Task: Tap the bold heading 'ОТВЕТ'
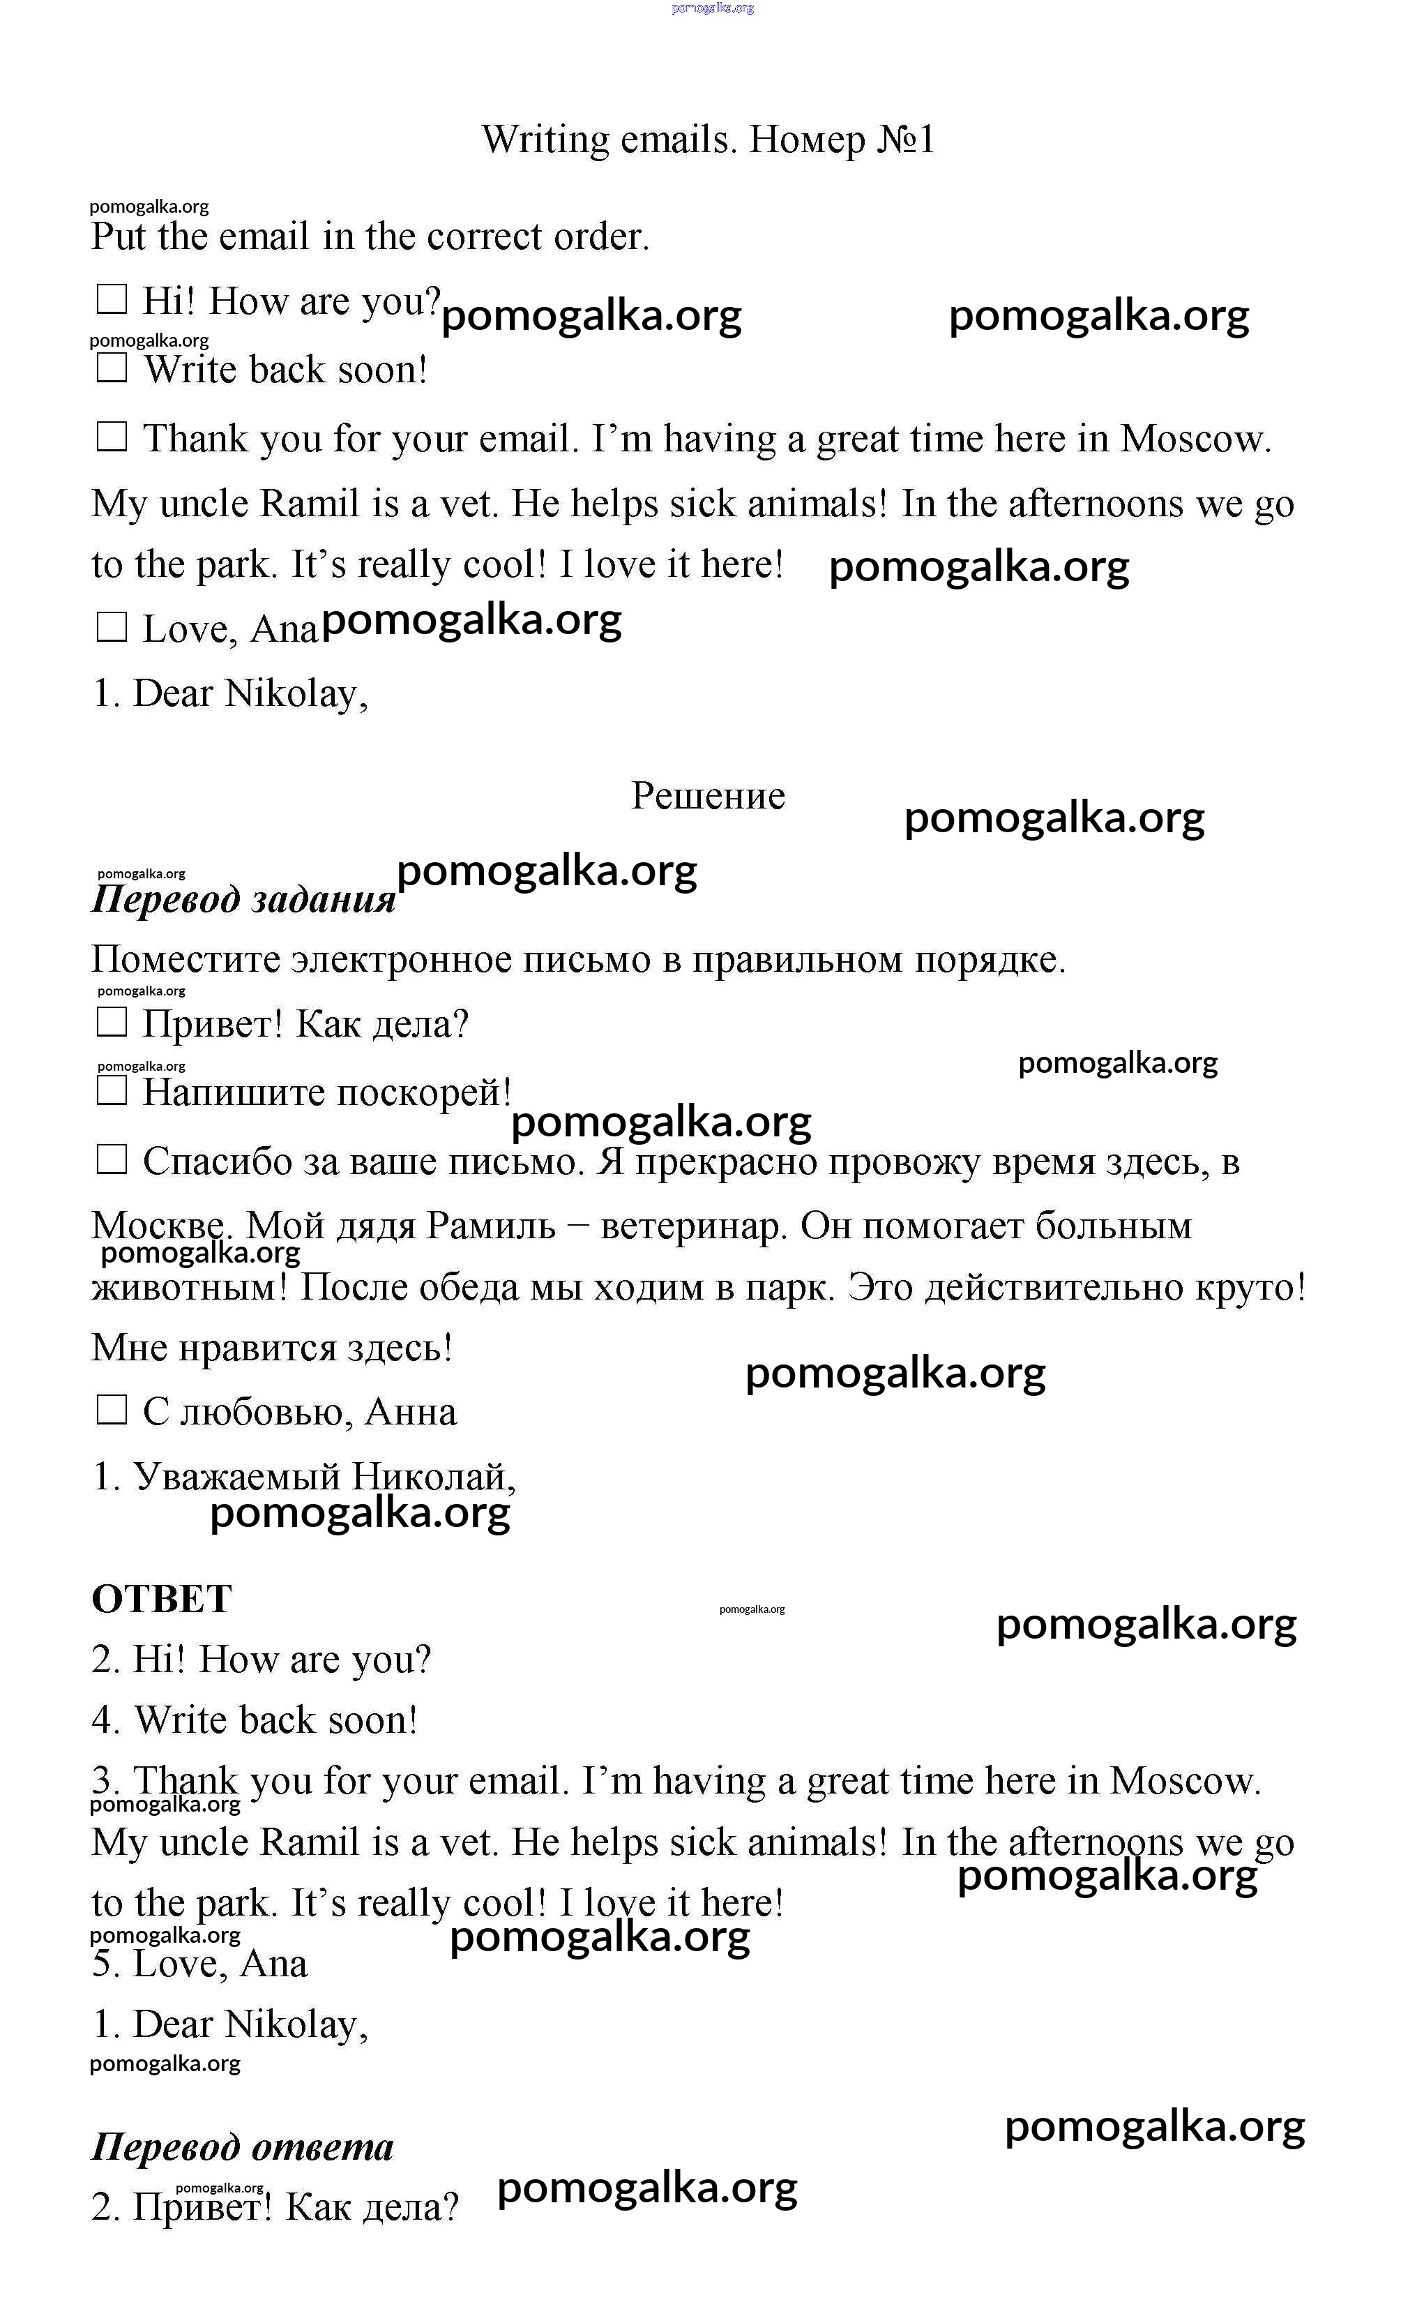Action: (161, 1598)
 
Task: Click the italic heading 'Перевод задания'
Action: (243, 899)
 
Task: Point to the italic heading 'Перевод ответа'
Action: (242, 2146)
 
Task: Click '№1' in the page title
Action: (905, 140)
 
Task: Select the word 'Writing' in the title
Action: (546, 140)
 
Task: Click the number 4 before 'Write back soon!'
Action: (103, 1720)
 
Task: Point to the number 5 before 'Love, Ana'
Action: (103, 1964)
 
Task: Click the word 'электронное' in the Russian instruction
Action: (400, 960)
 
